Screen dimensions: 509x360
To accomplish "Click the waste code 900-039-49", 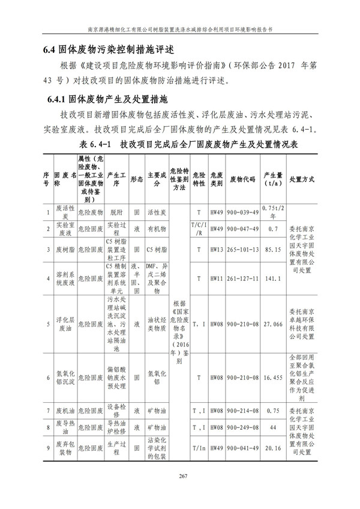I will click(x=242, y=212).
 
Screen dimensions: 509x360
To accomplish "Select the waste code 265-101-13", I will click(x=242, y=249).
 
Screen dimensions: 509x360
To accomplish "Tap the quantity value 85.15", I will click(x=273, y=249).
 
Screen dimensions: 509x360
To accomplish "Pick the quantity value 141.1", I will click(x=273, y=279).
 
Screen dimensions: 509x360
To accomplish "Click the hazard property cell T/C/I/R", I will click(x=198, y=229).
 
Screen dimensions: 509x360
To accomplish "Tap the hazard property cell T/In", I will click(x=198, y=448).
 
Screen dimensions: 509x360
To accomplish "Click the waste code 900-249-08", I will click(x=242, y=427).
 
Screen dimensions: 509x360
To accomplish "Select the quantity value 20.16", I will click(x=273, y=448).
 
